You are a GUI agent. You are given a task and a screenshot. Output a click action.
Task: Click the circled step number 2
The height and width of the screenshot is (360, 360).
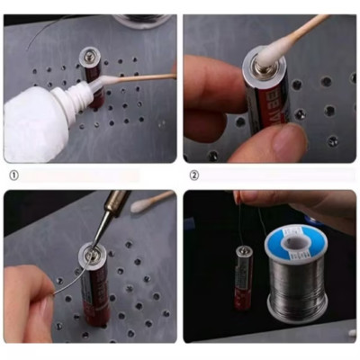click(193, 175)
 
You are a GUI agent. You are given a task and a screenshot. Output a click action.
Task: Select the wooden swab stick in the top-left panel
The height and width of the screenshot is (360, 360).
click(144, 77)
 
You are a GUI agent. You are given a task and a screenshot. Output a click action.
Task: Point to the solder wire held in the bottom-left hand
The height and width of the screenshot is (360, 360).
click(67, 279)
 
